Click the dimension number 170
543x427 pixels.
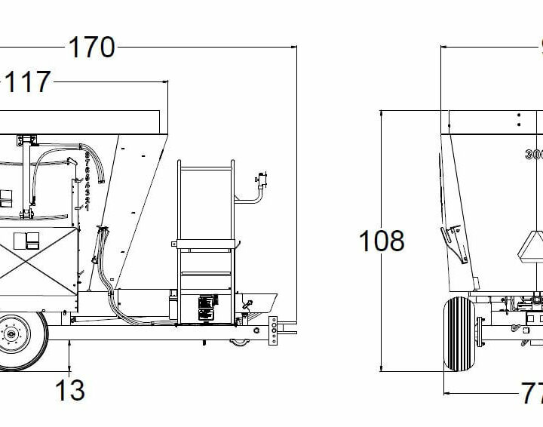92,48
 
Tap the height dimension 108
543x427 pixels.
382,241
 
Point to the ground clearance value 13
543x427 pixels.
69,390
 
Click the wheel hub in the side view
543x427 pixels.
11,332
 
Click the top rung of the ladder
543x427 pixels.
205,162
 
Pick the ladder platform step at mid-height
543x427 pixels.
205,244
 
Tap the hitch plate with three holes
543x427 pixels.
272,330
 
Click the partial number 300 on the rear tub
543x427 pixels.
534,155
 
